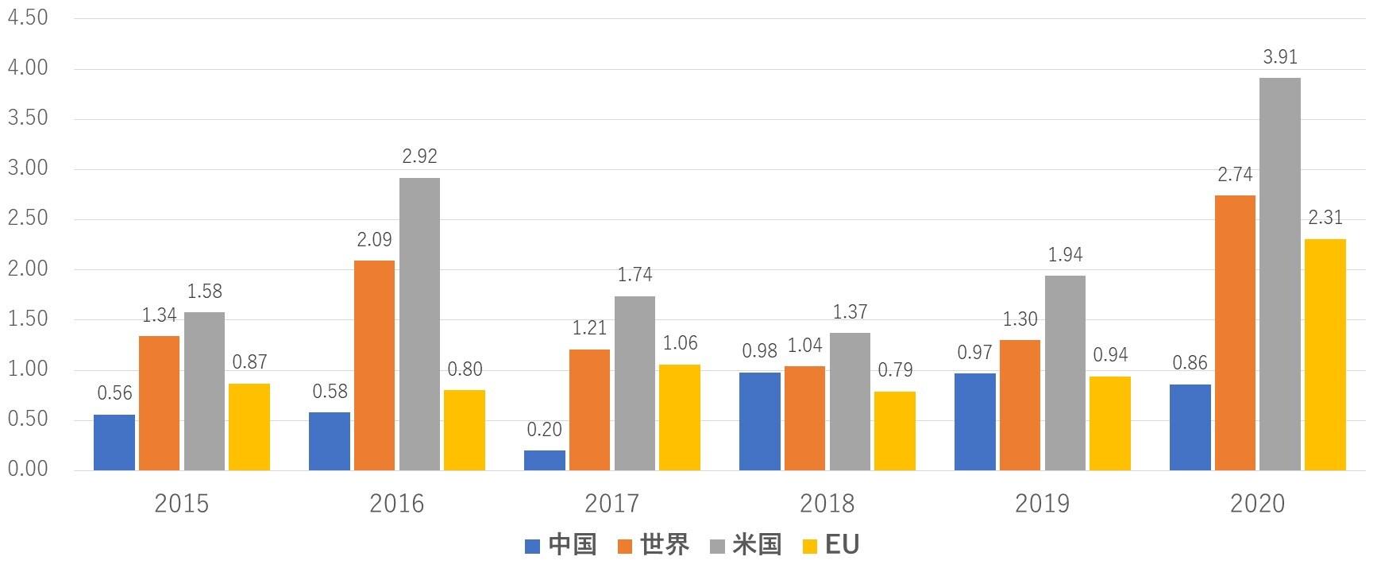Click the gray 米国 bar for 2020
click(1280, 274)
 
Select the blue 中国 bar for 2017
click(545, 461)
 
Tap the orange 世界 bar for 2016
click(374, 365)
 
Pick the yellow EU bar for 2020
click(1325, 355)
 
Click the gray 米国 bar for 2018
click(850, 402)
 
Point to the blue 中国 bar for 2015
click(114, 443)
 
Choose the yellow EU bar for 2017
click(680, 418)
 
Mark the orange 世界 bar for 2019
click(1020, 405)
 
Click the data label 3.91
click(1280, 57)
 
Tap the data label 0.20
click(545, 430)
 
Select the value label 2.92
click(419, 157)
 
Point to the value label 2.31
click(1325, 218)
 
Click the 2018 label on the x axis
click(827, 504)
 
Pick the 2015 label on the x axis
click(182, 504)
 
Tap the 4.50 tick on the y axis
click(28, 17)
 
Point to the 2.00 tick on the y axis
click(28, 269)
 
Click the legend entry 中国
click(572, 545)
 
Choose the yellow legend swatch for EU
click(811, 546)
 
